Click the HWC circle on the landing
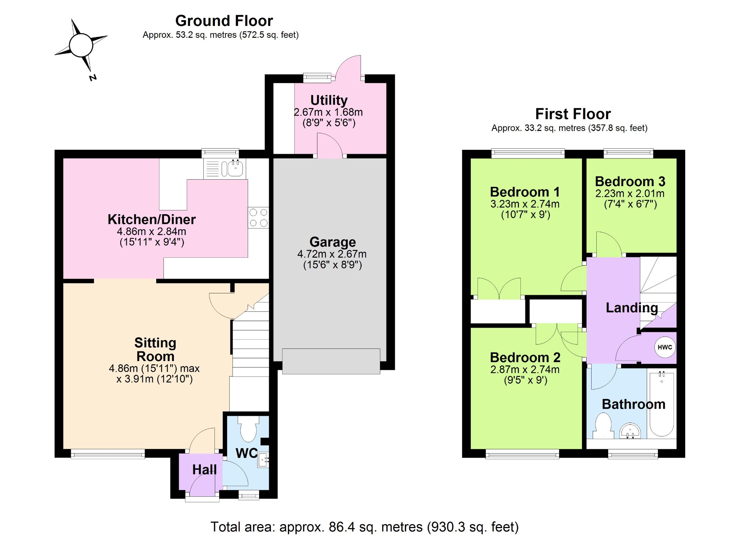click(664, 347)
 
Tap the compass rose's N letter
click(93, 77)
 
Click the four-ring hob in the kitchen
click(258, 217)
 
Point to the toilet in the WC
click(249, 428)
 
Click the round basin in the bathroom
click(630, 431)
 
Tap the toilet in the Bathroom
click(603, 426)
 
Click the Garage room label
click(333, 242)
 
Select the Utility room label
click(329, 100)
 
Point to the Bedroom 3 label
click(630, 181)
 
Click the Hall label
click(204, 469)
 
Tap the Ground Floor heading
click(224, 21)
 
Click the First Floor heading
click(573, 114)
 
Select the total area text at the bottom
click(365, 527)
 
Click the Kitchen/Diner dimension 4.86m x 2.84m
click(152, 231)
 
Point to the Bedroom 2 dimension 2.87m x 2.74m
click(525, 369)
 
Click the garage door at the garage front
click(331, 361)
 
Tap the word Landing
click(632, 308)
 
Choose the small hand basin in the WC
click(263, 460)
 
